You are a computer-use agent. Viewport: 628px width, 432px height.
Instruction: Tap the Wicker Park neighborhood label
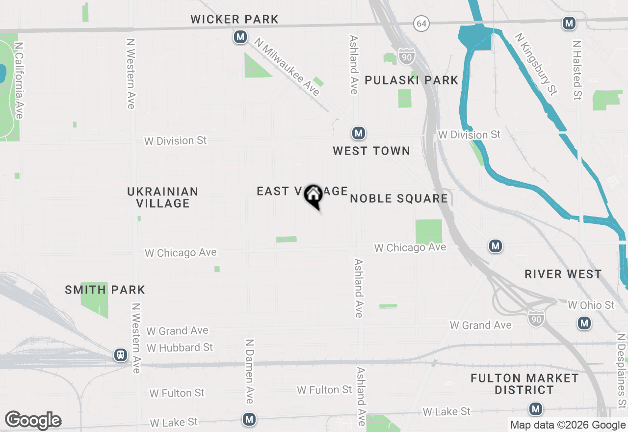coord(235,20)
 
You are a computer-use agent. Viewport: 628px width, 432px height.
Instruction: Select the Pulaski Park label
coord(412,80)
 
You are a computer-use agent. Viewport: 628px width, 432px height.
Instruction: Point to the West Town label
coord(371,151)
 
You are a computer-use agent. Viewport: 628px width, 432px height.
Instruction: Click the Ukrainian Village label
coord(163,197)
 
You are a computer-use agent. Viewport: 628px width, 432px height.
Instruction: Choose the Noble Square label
coord(399,198)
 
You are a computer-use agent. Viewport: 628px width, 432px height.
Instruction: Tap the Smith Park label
coord(105,290)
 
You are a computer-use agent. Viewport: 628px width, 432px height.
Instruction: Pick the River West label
coord(563,274)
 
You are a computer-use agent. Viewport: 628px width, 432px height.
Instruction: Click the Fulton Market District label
coord(524,384)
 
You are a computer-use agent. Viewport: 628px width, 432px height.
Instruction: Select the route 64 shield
coord(421,23)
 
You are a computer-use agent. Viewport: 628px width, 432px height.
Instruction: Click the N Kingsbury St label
coord(536,64)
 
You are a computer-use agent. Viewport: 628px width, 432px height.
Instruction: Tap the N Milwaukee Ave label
coord(288,68)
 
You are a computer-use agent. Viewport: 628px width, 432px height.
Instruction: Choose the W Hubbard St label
coord(180,348)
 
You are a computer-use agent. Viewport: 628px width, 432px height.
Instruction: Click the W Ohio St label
coord(591,305)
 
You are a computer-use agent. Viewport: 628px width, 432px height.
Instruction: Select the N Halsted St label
coord(577,70)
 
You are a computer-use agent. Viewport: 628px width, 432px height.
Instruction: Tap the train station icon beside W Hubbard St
coord(121,355)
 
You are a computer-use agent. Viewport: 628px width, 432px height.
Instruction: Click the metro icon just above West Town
coord(359,133)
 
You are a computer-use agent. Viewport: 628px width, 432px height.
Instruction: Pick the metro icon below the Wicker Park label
coord(240,37)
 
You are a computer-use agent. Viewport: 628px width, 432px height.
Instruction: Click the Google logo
coord(33,420)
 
